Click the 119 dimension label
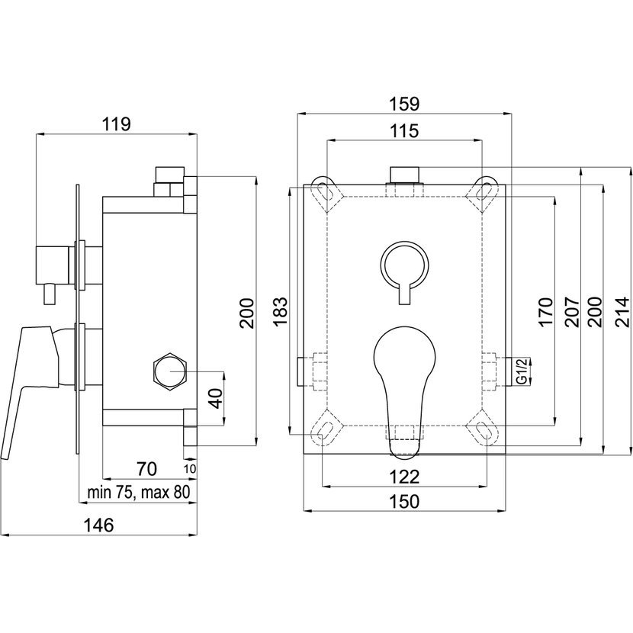116,124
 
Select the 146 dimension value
99,525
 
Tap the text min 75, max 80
139,493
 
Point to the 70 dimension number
146,469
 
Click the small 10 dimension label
190,469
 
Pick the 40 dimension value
217,398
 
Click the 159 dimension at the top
404,104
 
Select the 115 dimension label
404,131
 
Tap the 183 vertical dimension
280,311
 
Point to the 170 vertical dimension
545,312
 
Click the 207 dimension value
572,312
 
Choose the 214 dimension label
622,312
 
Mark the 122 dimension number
404,477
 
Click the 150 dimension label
404,501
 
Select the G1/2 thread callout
522,371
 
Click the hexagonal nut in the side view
170,371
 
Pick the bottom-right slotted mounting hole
484,429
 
